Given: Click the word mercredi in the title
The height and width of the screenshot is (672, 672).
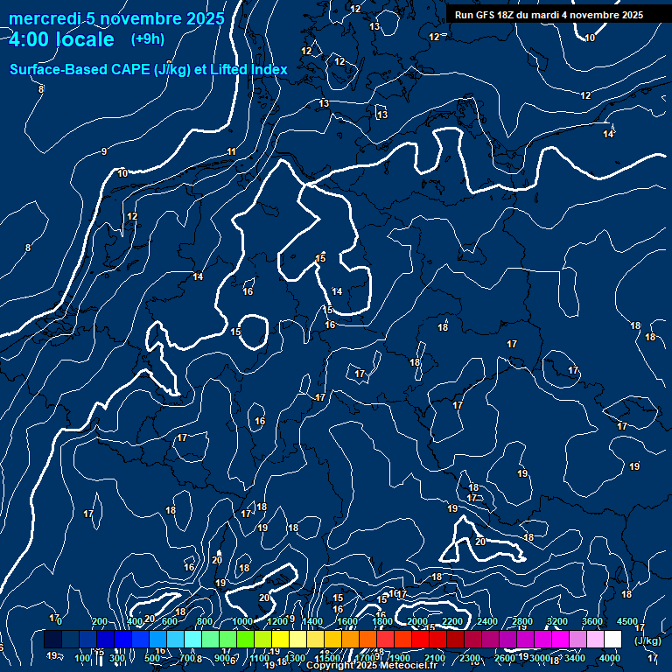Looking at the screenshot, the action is [44, 18].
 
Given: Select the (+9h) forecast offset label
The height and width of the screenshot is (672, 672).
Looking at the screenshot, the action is [147, 38].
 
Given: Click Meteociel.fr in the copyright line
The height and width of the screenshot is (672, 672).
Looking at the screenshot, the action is [406, 666].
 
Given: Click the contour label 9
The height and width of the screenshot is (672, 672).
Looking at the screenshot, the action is [104, 152].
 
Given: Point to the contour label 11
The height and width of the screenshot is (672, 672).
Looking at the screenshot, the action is [232, 152].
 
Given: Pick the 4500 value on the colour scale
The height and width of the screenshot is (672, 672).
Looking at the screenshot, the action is [627, 620].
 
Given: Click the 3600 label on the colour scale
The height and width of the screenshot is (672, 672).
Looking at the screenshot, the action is [592, 620].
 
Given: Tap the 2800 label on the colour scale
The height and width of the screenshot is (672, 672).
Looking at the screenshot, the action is [522, 620].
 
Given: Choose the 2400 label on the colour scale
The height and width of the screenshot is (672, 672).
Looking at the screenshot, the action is [487, 620].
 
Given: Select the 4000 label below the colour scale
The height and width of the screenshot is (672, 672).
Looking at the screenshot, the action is [610, 658].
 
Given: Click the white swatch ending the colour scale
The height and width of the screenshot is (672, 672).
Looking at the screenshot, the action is [612, 640].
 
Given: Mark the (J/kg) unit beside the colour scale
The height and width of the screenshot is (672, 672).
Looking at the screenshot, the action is [647, 640].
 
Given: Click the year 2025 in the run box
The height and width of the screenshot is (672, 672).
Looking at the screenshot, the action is [629, 15].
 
